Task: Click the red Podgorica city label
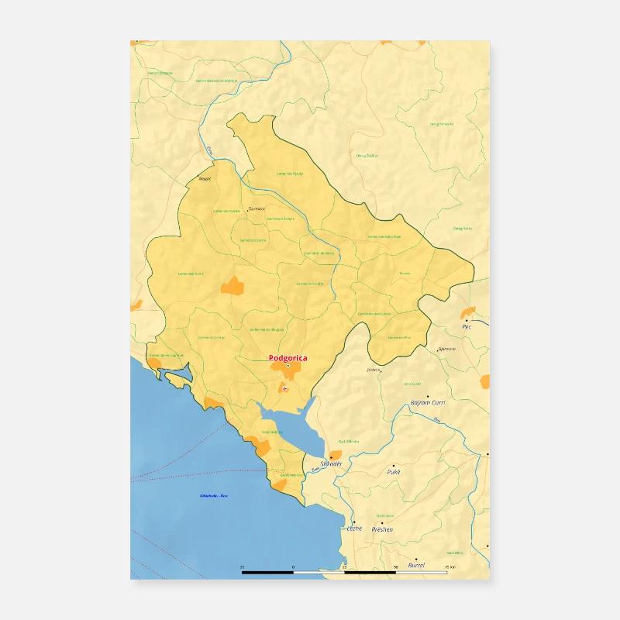(x=288, y=358)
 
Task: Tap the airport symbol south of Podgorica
(x=285, y=388)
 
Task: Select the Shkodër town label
(x=332, y=463)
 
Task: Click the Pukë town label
(x=394, y=471)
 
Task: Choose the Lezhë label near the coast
(x=354, y=529)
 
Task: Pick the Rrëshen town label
(x=382, y=529)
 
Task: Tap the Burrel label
(x=416, y=566)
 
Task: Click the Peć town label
(x=467, y=327)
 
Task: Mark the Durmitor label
(x=257, y=208)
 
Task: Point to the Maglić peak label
(x=205, y=179)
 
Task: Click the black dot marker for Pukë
(x=393, y=465)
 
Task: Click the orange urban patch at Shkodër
(x=335, y=455)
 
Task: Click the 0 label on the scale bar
(x=293, y=568)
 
